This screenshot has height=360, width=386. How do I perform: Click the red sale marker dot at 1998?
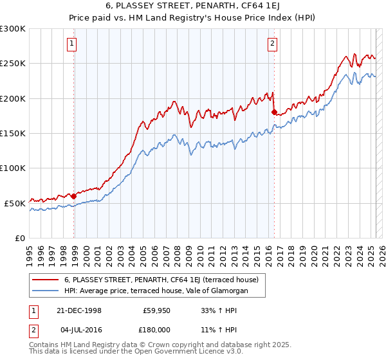click(x=74, y=196)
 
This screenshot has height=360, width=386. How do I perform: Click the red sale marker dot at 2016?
click(x=274, y=113)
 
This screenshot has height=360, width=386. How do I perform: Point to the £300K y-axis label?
click(x=13, y=29)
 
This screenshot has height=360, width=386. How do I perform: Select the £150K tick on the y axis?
click(x=13, y=134)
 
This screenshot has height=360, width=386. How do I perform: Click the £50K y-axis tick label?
click(x=15, y=203)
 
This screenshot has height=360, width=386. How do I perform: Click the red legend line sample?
click(x=45, y=280)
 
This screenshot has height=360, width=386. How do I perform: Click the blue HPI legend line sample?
click(x=45, y=291)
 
